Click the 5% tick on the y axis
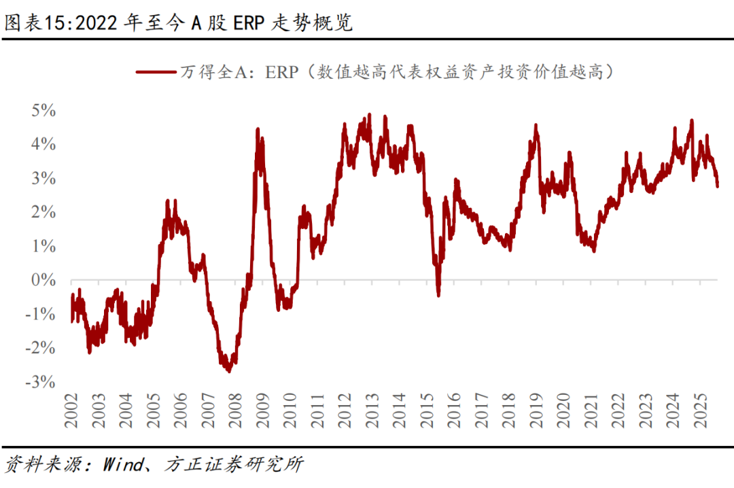click(42, 110)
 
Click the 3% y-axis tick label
click(42, 178)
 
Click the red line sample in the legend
click(156, 71)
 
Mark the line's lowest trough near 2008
click(228, 370)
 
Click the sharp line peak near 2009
click(258, 129)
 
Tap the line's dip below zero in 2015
click(438, 294)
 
